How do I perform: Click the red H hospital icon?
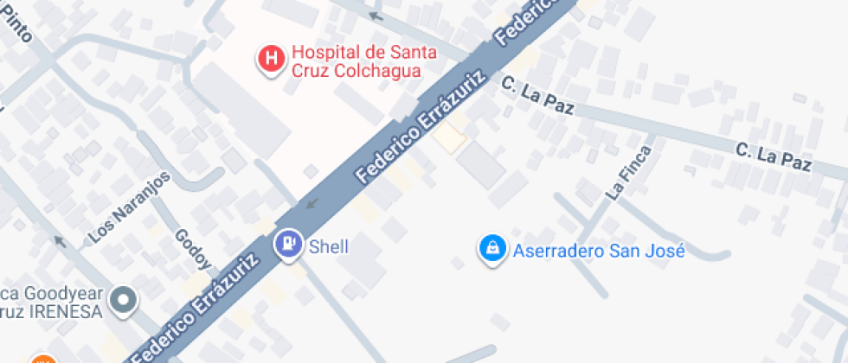(272, 59)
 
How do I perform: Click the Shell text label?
(329, 247)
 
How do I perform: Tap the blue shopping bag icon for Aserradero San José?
(491, 250)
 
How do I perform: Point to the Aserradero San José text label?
(599, 252)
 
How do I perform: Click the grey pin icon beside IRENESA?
(125, 301)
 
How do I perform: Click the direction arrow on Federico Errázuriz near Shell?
(312, 205)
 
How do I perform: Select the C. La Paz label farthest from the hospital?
(774, 156)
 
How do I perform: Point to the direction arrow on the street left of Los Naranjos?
(60, 240)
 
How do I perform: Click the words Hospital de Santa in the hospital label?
(363, 53)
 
